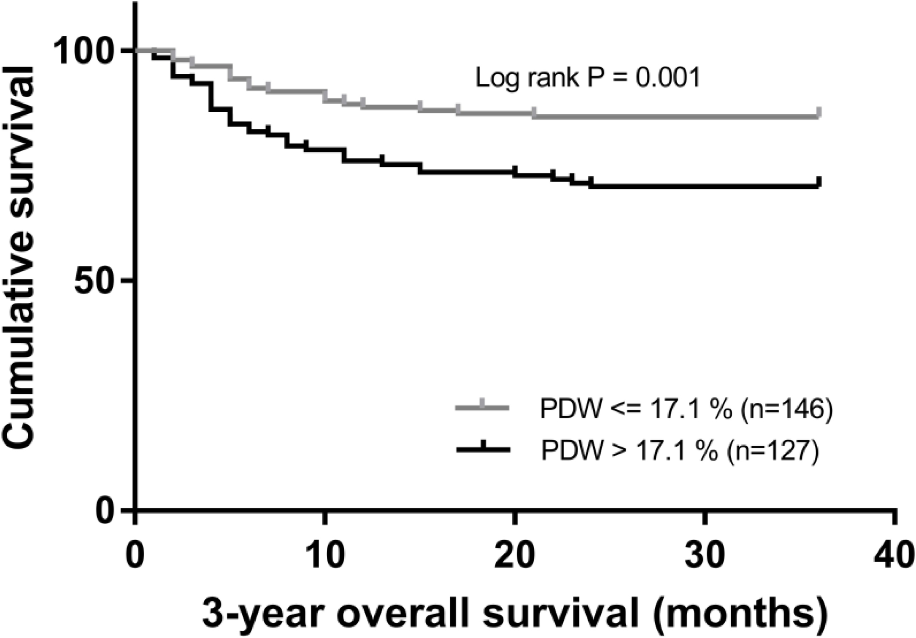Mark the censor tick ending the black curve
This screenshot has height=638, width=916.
click(819, 182)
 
